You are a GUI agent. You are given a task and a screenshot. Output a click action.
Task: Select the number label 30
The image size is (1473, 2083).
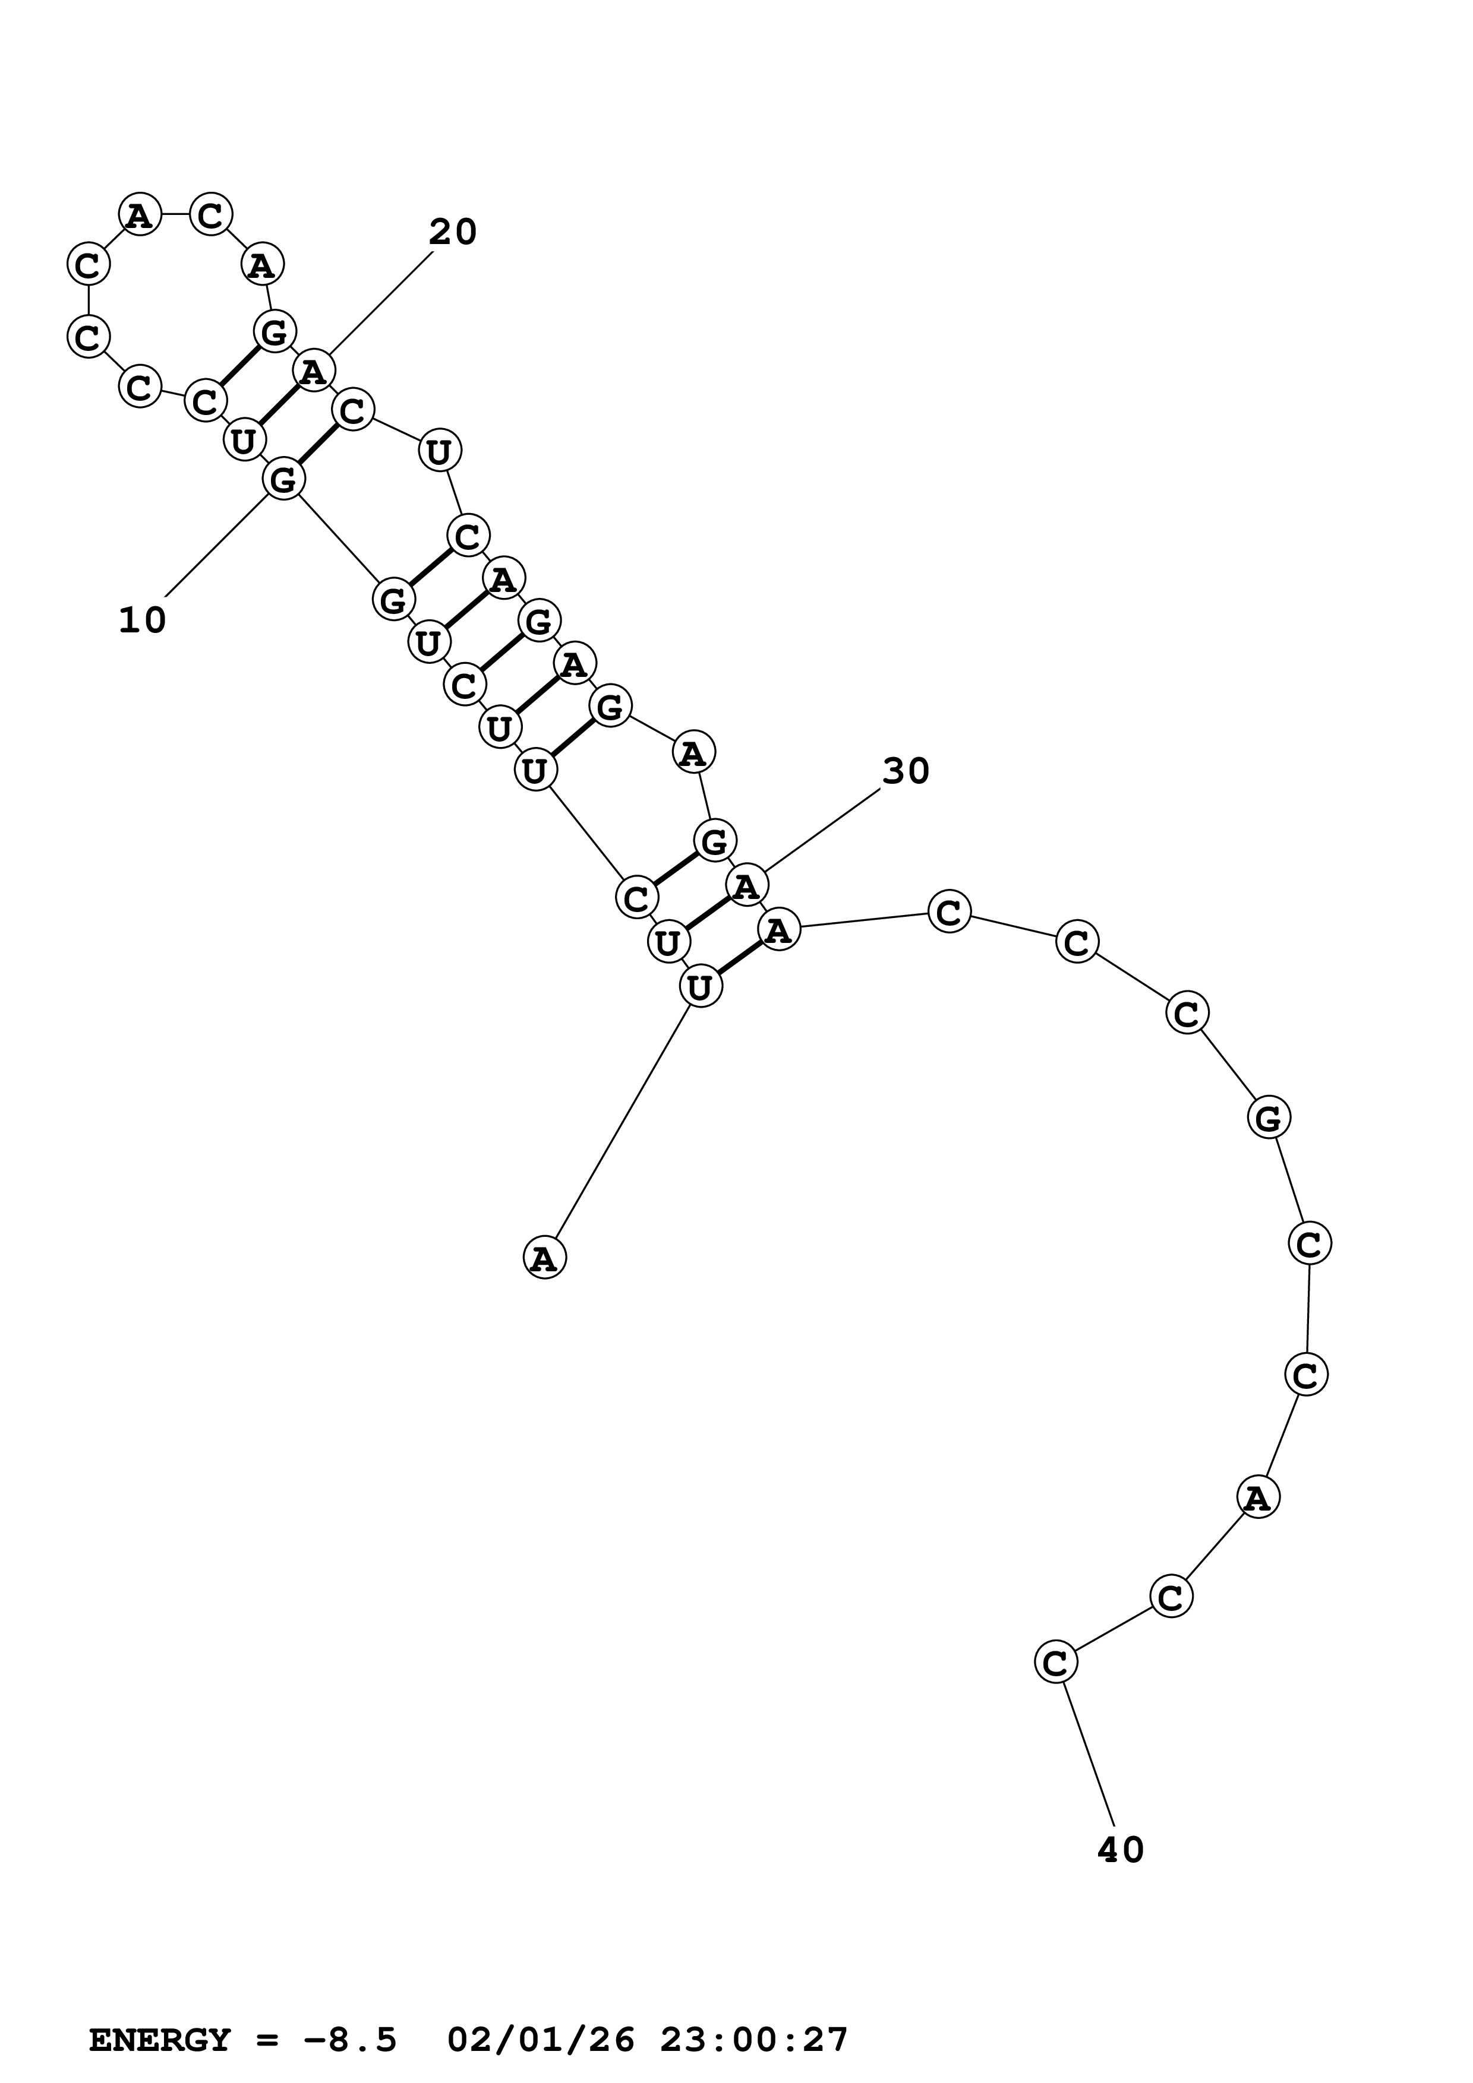[906, 771]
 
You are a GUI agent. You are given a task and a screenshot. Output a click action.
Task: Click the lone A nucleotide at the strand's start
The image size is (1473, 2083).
[544, 1258]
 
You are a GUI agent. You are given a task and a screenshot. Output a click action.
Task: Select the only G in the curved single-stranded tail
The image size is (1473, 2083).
[1269, 1117]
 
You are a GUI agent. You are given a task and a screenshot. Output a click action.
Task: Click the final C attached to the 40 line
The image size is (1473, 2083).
[1055, 1662]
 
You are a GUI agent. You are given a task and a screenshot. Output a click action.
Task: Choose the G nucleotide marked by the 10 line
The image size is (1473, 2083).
[284, 478]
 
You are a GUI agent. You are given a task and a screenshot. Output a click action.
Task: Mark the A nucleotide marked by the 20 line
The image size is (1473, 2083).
[314, 370]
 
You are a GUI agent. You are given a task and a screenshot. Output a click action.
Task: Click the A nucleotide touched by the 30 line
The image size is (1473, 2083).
[747, 885]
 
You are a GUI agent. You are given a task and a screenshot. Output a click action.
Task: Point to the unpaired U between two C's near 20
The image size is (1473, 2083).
[439, 450]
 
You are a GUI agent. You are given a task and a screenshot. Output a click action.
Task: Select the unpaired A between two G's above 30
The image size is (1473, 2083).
[694, 752]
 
